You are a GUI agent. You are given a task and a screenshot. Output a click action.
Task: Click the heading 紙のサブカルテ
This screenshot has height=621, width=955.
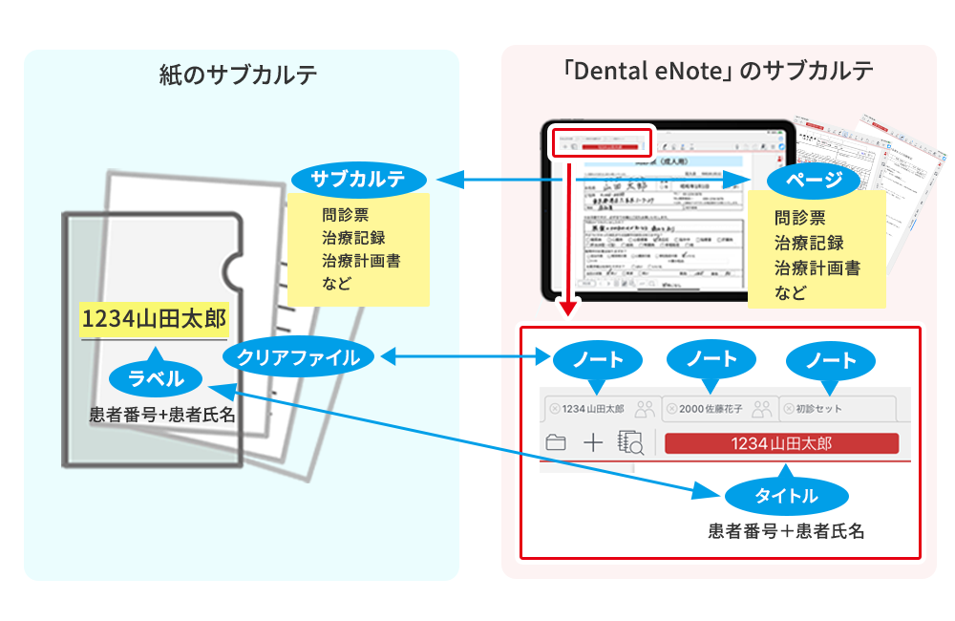(239, 76)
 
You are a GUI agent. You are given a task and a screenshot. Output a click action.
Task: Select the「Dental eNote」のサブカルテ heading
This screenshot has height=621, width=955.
(718, 71)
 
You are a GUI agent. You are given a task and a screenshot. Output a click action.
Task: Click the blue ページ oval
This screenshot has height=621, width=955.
(805, 180)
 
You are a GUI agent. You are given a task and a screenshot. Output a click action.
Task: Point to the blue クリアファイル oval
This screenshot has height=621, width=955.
(298, 357)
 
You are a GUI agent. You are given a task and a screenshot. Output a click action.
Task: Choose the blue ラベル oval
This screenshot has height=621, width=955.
(156, 378)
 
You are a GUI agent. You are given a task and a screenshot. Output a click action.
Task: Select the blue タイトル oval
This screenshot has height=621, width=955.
(786, 495)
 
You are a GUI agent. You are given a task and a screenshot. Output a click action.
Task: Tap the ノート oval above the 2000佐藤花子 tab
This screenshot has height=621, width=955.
(712, 359)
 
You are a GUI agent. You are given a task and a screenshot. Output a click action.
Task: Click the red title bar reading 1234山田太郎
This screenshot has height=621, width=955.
(781, 443)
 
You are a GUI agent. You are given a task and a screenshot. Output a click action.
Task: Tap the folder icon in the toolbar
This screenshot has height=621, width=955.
(556, 442)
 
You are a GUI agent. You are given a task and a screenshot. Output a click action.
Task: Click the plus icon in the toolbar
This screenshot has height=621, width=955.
(593, 442)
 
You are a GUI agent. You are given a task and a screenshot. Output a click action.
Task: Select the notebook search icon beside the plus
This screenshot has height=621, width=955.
(630, 442)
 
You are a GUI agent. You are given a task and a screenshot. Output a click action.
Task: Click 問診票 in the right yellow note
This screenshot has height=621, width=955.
(799, 218)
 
